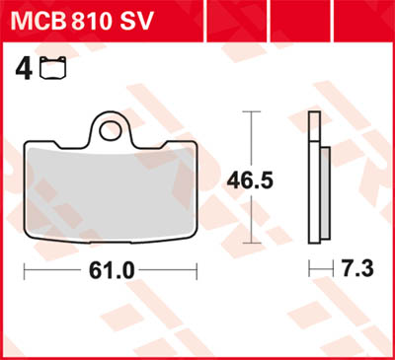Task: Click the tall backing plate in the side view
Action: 313,178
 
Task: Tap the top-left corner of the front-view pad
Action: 27,144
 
